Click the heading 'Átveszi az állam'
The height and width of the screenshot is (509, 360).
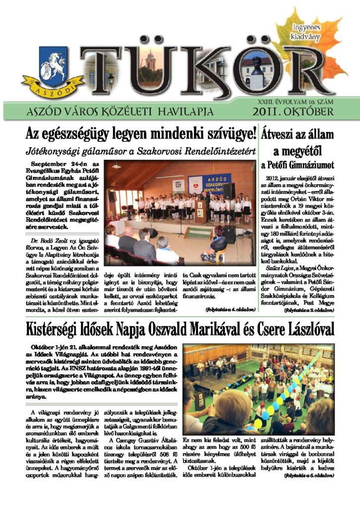[297, 134]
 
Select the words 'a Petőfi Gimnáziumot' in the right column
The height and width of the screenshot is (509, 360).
[297, 165]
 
